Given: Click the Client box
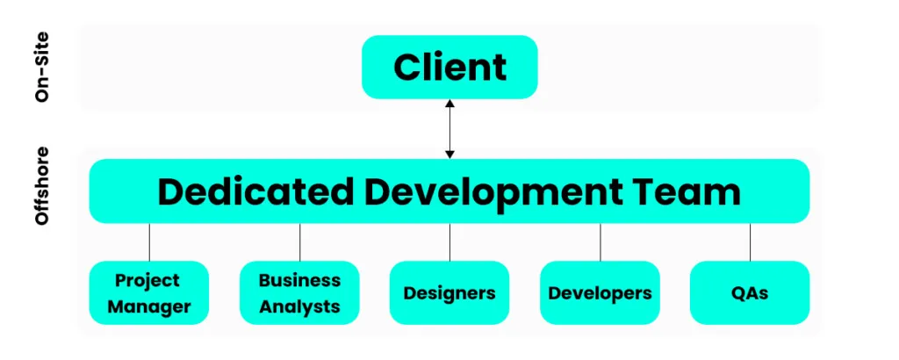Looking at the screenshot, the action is pyautogui.click(x=449, y=68).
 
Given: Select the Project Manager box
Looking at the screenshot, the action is pyautogui.click(x=149, y=293).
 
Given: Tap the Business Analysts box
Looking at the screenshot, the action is pyautogui.click(x=299, y=293).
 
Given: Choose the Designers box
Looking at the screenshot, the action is pyautogui.click(x=449, y=293).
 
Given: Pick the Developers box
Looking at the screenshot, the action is pyautogui.click(x=600, y=293).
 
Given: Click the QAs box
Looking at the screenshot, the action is pyautogui.click(x=750, y=293).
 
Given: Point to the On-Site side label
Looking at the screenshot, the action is pyautogui.click(x=42, y=68).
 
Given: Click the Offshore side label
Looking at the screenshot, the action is pyautogui.click(x=42, y=186).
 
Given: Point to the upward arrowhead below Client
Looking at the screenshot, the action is pyautogui.click(x=449, y=104).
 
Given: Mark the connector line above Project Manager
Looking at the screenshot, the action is pyautogui.click(x=149, y=241).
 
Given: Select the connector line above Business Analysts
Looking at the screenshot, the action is pyautogui.click(x=299, y=241).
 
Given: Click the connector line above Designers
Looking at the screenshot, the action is pyautogui.click(x=449, y=241).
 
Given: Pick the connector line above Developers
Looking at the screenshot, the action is pyautogui.click(x=601, y=241).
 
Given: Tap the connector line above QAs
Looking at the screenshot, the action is pyautogui.click(x=751, y=241).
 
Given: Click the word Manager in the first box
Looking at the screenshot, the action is pyautogui.click(x=149, y=306).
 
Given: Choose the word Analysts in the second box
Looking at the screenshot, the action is pyautogui.click(x=299, y=306).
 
